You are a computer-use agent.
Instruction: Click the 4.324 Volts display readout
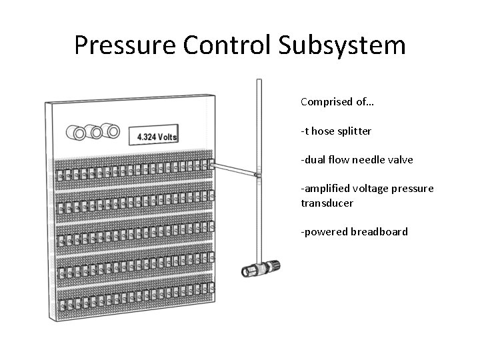pos(157,136)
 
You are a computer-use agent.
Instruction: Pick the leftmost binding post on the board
pos(79,133)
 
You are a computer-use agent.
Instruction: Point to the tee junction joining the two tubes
pos(257,175)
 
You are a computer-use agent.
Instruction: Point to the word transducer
pos(327,203)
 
